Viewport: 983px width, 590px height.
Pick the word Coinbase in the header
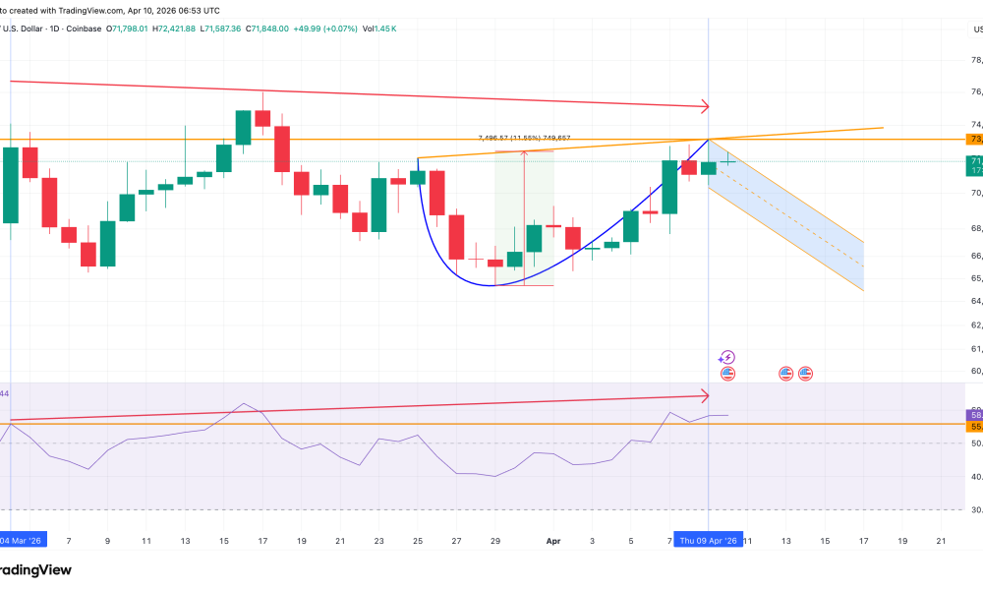tap(82, 29)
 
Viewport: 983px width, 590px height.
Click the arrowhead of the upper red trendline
tap(704, 105)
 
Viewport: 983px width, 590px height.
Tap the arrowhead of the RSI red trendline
tap(704, 396)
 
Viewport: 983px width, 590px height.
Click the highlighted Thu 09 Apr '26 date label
tap(709, 541)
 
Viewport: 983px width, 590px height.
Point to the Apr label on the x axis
tap(553, 541)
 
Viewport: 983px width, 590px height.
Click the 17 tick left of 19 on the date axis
tap(863, 541)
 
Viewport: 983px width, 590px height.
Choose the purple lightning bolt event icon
tap(727, 358)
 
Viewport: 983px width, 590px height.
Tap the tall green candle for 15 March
tap(244, 127)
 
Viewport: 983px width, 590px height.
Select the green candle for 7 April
tap(670, 187)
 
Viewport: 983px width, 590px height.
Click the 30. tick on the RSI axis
tap(968, 509)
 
